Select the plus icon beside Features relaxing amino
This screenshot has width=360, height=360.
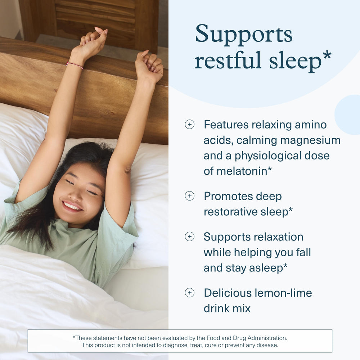(189, 125)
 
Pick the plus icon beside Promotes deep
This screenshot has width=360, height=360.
(189, 196)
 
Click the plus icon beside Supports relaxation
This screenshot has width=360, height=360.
(189, 237)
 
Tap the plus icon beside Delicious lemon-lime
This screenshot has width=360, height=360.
(189, 293)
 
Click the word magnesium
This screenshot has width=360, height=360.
(310, 140)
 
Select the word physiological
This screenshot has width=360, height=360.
(266, 156)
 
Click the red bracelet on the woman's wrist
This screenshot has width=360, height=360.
(75, 65)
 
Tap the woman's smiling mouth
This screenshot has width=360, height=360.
(72, 206)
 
